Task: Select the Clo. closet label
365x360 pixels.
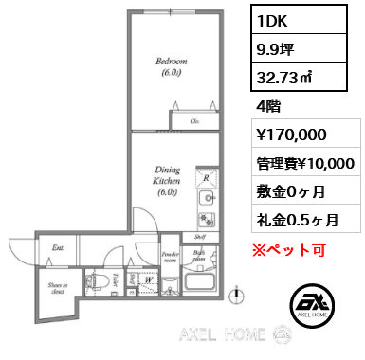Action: [195, 121]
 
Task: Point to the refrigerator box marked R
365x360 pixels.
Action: [206, 177]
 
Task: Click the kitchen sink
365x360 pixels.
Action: [206, 200]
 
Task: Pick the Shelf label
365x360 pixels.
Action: [202, 239]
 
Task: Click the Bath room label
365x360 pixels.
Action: [199, 255]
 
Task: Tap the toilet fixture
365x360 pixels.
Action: [97, 280]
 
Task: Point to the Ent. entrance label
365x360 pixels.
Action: [58, 248]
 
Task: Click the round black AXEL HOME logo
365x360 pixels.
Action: [311, 304]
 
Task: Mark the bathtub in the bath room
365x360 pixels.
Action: [199, 284]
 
